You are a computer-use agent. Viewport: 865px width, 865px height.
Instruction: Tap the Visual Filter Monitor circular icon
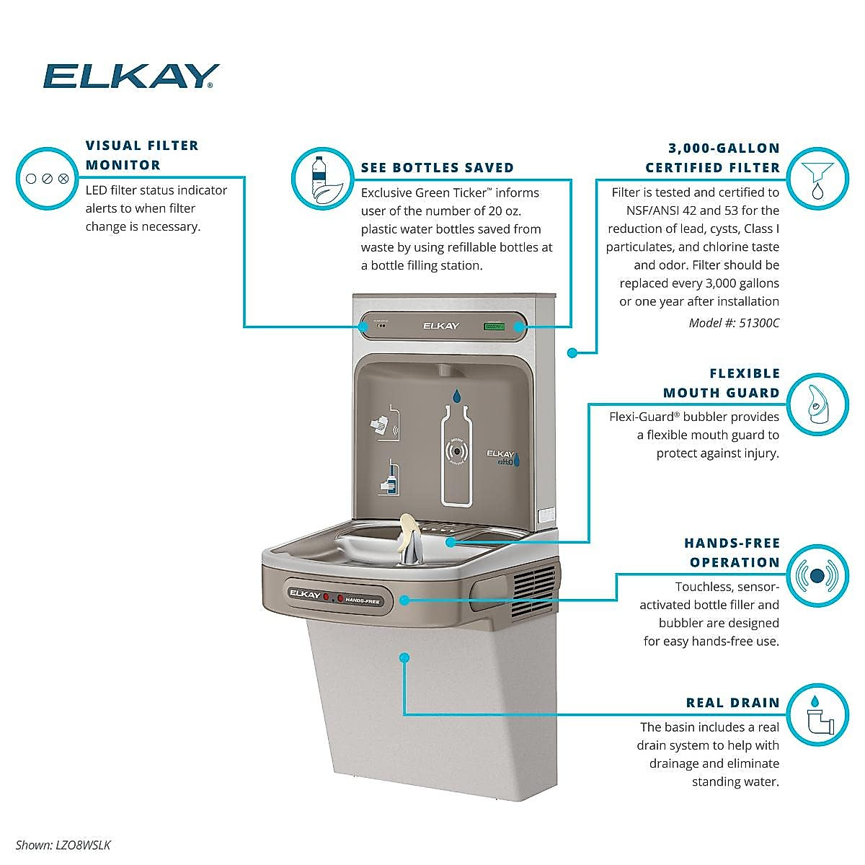(46, 178)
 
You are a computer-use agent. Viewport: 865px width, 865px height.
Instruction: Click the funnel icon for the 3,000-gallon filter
(817, 178)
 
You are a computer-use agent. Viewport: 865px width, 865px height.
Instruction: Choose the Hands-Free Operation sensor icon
(817, 575)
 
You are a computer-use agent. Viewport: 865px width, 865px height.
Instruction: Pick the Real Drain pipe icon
(817, 713)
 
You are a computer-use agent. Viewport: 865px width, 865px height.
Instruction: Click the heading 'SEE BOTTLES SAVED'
(438, 167)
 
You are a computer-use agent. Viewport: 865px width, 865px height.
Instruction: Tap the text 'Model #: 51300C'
(734, 323)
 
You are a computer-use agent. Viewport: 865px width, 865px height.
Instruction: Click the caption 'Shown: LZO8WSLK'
(63, 845)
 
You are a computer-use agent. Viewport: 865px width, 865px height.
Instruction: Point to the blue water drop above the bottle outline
(456, 395)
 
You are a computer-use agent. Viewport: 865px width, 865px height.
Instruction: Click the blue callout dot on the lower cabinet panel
(404, 657)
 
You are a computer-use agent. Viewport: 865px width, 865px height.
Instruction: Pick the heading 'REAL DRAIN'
(733, 703)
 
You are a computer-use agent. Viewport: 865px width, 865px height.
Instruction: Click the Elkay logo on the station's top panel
(440, 326)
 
